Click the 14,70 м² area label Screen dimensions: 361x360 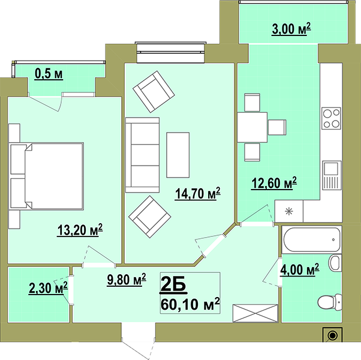197,193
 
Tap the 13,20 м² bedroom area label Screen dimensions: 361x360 80,230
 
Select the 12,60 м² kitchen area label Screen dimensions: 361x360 274,183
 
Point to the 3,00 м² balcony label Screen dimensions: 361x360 291,29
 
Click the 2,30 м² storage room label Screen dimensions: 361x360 48,288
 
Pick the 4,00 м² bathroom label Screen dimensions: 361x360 299,270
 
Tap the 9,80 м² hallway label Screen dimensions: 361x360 127,280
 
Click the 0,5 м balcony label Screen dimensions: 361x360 49,74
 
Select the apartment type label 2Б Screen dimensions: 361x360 173,285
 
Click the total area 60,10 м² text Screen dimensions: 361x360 190,304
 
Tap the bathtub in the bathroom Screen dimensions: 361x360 312,239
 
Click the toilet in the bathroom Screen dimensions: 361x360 330,301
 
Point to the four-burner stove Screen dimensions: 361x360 331,118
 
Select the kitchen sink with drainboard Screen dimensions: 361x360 332,175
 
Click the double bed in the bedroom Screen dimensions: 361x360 46,176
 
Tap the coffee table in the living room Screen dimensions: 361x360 178,155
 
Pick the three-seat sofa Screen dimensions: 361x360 142,155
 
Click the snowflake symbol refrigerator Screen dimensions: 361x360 289,211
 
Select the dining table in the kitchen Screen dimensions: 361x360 252,127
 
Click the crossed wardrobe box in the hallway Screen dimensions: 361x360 255,313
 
